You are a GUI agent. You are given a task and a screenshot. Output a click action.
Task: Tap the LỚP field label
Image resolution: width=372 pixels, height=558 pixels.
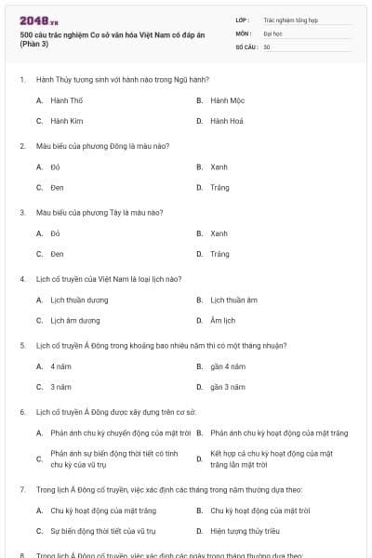(243, 19)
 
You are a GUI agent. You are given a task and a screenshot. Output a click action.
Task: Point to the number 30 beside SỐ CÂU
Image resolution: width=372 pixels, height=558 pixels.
(267, 46)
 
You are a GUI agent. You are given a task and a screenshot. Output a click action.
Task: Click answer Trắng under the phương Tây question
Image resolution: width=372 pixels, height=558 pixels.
(219, 254)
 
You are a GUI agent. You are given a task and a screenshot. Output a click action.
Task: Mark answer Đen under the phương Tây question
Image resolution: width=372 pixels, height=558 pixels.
(57, 254)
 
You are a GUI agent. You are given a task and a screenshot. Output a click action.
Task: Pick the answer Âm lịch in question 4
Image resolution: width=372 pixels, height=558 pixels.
(223, 321)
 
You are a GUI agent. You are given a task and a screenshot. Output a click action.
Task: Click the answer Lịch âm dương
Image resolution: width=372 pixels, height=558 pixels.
(75, 321)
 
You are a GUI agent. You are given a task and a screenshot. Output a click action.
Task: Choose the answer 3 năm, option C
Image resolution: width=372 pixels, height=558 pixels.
(60, 387)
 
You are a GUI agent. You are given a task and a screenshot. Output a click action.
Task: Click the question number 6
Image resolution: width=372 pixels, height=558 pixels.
(21, 411)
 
